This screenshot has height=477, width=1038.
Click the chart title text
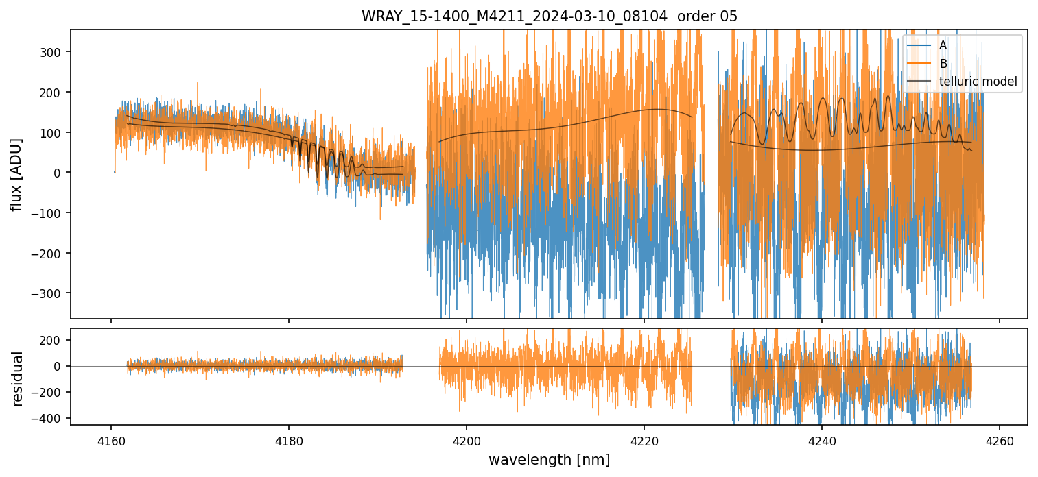(549, 16)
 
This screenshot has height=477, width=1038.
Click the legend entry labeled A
(943, 45)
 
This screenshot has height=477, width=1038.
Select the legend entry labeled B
(943, 64)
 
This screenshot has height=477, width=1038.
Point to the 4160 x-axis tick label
(111, 439)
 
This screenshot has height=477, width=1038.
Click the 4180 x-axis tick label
(289, 439)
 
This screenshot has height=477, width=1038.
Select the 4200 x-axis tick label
(467, 439)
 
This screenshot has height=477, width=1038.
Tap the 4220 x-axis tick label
(644, 439)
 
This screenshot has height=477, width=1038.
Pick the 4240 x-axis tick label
(822, 439)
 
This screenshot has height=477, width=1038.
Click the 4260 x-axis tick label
(1000, 439)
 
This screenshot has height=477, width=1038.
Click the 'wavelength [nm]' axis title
(549, 459)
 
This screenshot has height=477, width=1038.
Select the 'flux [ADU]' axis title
(16, 174)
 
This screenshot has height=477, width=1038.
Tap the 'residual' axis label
(17, 378)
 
